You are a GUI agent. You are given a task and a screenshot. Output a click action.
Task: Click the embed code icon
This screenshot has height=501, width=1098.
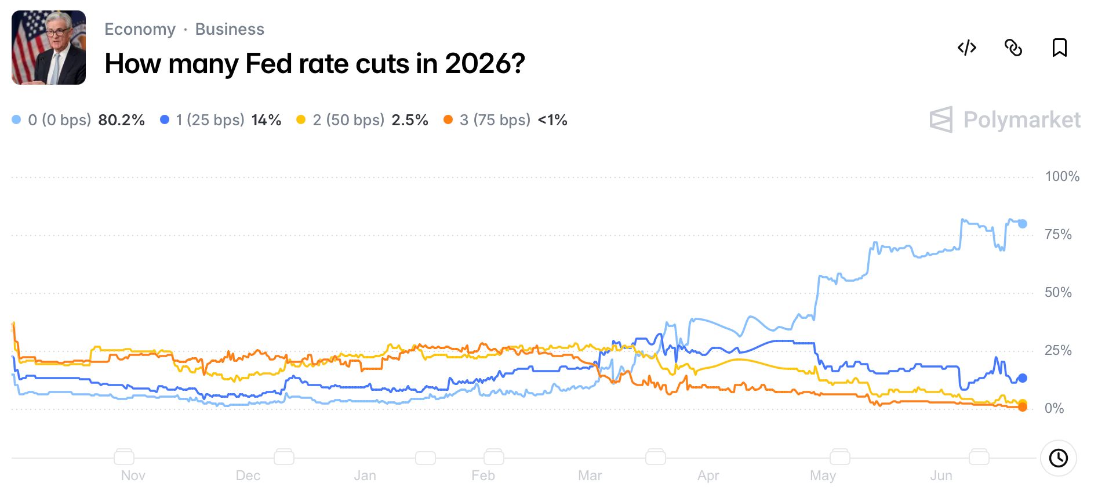tap(967, 48)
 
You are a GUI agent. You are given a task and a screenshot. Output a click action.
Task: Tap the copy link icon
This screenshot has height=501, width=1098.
tap(1013, 48)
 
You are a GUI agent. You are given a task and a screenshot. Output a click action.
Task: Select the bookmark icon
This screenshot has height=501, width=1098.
tap(1060, 48)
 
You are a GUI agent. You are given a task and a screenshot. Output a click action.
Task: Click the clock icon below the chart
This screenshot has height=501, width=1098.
tap(1059, 458)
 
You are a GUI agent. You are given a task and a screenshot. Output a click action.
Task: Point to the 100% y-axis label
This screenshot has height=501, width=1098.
tap(1062, 176)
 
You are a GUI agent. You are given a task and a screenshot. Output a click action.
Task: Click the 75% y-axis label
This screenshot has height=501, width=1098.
tap(1058, 234)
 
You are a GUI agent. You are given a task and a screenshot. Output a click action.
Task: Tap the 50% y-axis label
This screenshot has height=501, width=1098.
tap(1058, 292)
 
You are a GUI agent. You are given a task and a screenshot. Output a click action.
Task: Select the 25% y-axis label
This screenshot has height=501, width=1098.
tap(1058, 350)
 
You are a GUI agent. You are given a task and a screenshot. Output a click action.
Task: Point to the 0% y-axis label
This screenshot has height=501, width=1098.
tap(1055, 408)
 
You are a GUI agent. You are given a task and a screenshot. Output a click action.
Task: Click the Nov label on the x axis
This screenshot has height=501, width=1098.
tap(133, 475)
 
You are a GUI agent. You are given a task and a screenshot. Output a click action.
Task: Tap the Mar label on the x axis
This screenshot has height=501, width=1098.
tap(590, 475)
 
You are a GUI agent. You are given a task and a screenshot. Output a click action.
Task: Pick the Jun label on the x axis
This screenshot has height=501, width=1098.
tap(941, 475)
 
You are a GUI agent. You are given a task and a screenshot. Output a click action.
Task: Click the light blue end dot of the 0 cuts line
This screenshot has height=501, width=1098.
tap(1023, 224)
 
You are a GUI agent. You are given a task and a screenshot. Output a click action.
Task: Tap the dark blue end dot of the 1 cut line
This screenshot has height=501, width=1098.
tap(1023, 378)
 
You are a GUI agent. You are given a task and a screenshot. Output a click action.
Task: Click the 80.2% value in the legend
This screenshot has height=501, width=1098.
tap(122, 120)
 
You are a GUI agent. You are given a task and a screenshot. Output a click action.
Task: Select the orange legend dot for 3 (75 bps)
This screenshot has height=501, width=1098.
tap(448, 119)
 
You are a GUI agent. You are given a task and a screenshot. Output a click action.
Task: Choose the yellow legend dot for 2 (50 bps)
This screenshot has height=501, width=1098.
tap(301, 119)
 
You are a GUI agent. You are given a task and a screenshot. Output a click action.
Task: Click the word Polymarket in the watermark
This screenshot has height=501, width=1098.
tap(1022, 120)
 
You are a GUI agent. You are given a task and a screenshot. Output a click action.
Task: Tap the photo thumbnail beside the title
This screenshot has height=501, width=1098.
tap(49, 48)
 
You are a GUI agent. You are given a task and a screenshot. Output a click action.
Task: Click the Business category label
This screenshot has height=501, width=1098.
tap(230, 29)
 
